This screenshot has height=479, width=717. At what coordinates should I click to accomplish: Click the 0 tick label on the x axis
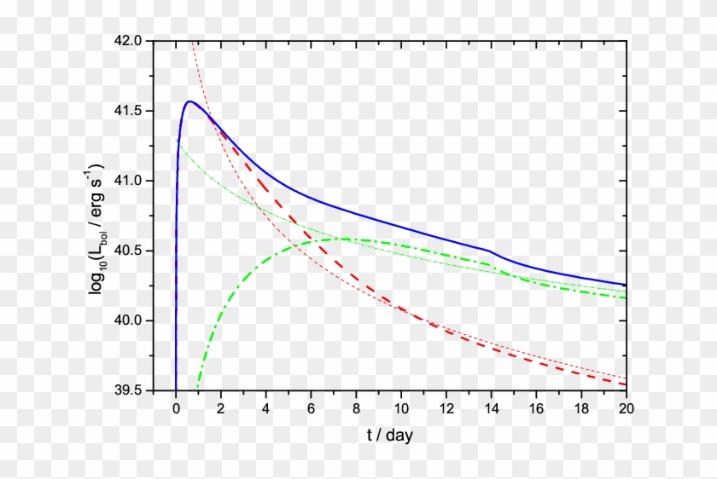175,408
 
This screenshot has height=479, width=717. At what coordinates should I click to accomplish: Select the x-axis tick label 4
265,408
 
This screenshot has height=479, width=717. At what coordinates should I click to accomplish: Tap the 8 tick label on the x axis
356,408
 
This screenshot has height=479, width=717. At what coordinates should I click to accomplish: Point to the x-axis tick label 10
401,408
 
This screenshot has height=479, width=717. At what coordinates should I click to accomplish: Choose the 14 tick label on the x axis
491,408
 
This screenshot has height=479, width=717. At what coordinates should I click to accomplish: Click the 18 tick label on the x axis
581,408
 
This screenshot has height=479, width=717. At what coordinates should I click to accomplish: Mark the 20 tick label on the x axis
627,408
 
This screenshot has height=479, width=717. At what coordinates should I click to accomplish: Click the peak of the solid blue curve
189,101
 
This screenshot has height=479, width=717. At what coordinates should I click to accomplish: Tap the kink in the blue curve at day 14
491,251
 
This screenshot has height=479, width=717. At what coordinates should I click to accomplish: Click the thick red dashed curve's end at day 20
626,384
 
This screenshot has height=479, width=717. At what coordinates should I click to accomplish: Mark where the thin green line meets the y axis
176,138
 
